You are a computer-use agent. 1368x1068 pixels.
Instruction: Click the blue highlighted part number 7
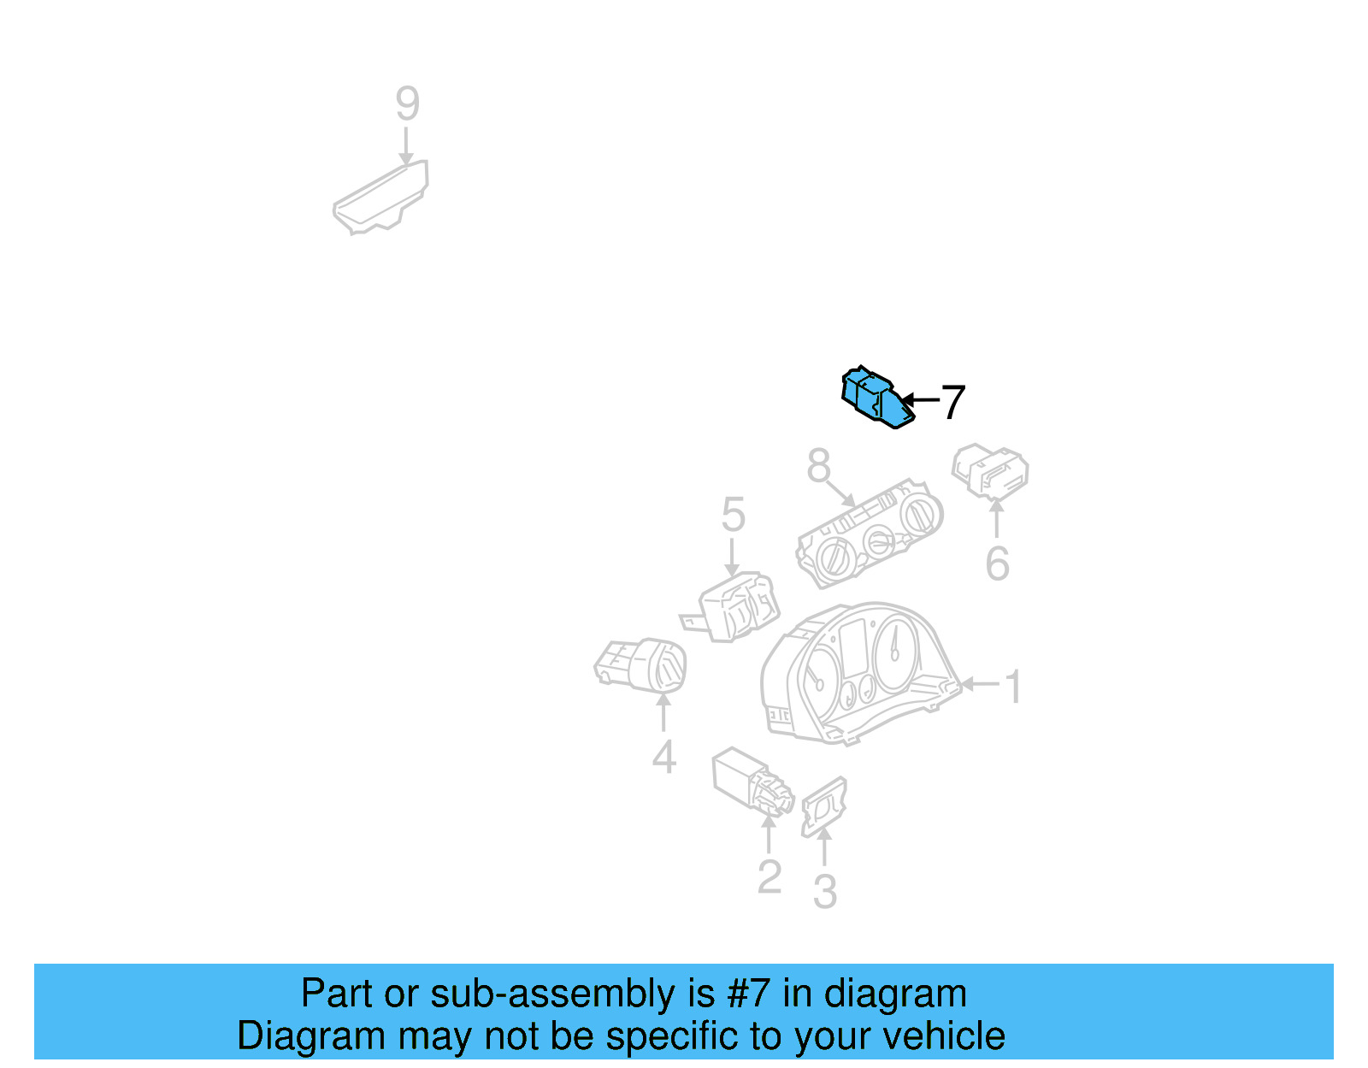pos(877,398)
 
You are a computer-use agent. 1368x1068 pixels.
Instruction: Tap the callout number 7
pos(952,403)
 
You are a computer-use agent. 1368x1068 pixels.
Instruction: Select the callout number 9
pos(407,103)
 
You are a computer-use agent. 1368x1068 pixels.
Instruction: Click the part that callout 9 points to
pos(380,198)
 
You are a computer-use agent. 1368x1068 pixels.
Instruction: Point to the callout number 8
pos(818,466)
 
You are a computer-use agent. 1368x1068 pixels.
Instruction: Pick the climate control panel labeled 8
pos(870,534)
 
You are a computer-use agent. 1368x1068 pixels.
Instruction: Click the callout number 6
pos(997,564)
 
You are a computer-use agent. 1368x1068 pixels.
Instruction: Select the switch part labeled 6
pos(989,471)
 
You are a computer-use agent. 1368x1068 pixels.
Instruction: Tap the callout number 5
pos(734,514)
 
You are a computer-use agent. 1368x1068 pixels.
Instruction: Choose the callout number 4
pos(664,756)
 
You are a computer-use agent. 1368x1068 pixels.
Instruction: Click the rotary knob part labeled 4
pos(640,666)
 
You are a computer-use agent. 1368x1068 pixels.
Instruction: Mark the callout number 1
pos(1013,686)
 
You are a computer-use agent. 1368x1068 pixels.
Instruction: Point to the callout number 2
pos(769,876)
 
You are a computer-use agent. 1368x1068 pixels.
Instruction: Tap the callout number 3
pos(825,890)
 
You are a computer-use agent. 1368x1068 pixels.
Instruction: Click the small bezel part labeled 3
pos(824,807)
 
